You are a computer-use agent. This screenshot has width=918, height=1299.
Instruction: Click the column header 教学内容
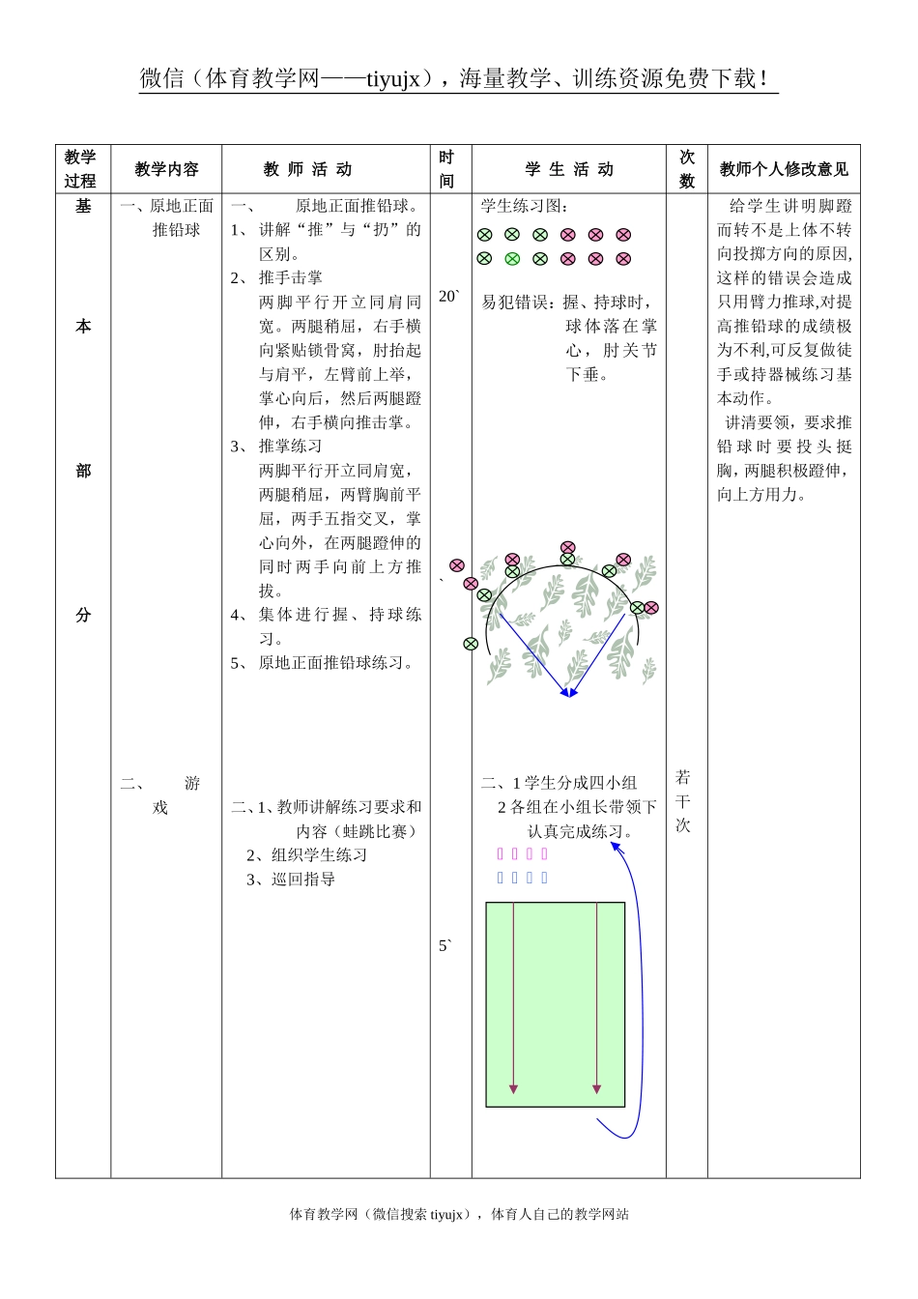pos(166,169)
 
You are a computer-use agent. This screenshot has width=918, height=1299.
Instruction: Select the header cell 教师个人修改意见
pos(784,169)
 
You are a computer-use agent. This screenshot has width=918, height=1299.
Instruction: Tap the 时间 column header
pos(446,169)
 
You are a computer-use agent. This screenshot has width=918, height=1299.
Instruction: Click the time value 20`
pos(448,297)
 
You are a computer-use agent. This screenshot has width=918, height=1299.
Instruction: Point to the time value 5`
pos(445,945)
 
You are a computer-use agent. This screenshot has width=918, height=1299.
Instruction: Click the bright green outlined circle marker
pos(512,258)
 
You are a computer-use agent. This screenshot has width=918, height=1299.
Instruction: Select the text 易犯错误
pos(517,303)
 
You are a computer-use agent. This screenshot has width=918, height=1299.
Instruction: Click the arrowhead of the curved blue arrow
pos(616,847)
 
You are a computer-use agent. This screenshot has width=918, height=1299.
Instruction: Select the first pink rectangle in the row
pos(500,853)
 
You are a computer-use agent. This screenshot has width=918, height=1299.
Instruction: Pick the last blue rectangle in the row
pos(544,878)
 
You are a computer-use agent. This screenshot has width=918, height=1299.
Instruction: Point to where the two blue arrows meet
pos(568,692)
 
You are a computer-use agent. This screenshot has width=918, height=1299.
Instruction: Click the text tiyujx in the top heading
pos(393,79)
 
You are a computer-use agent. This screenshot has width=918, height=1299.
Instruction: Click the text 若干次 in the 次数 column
pos(683,801)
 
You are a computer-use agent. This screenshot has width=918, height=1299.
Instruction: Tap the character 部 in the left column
pos(83,471)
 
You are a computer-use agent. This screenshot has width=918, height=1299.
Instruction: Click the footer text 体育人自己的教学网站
pos(559,1214)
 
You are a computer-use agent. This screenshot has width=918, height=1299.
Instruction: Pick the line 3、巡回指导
pos(291,880)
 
